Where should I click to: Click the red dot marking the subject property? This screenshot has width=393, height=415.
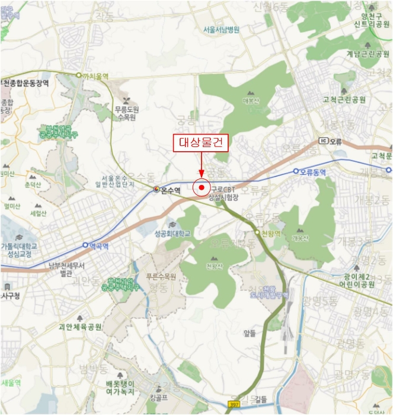click(x=202, y=187)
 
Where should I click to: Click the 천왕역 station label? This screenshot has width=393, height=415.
click(x=272, y=233)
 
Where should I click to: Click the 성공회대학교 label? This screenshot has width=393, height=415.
click(x=172, y=234)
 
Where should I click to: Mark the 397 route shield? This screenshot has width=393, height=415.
click(x=234, y=404)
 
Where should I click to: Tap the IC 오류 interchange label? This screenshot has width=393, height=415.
click(x=331, y=141)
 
